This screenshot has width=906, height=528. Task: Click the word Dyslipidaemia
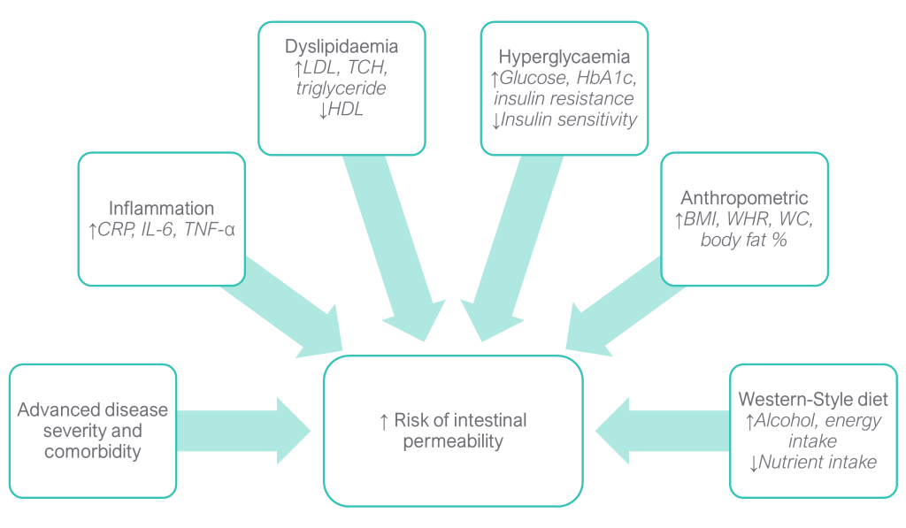click(341, 47)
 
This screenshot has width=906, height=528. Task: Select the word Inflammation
click(161, 209)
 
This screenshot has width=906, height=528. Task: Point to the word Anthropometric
click(744, 198)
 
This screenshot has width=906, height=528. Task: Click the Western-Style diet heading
click(813, 399)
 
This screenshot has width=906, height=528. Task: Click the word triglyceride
click(341, 89)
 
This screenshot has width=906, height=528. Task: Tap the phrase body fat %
click(743, 240)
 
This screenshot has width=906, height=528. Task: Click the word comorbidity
click(92, 452)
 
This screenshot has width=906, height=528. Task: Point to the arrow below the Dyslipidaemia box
click(389, 248)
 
